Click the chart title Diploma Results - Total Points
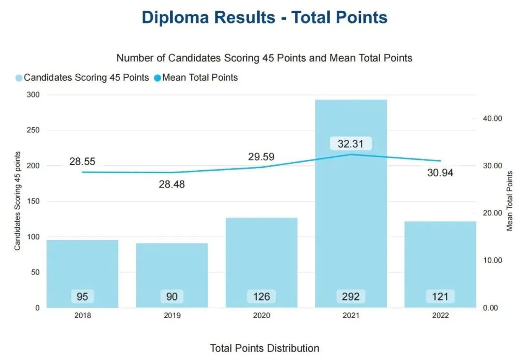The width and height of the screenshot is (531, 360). tap(265, 18)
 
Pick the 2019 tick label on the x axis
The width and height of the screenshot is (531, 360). tap(172, 316)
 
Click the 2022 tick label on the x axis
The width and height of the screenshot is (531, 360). tap(440, 316)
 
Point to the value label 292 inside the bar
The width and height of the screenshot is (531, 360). tap(351, 297)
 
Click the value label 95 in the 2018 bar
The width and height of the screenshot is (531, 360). tap(83, 297)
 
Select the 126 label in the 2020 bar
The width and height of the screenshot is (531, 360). tap(261, 297)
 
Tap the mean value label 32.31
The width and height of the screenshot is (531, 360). tap(351, 144)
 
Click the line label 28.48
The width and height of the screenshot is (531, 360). tap(172, 184)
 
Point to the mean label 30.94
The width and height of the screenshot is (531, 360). tap(440, 173)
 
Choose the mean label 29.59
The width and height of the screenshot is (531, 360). tap(261, 157)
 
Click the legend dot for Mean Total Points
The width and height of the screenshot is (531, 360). tap(157, 78)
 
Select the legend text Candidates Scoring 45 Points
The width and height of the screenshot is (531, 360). tap(86, 78)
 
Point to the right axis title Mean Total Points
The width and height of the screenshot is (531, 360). tap(510, 201)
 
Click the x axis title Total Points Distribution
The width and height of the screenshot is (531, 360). tap(265, 348)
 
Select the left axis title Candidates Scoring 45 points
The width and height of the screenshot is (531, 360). tap(17, 201)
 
